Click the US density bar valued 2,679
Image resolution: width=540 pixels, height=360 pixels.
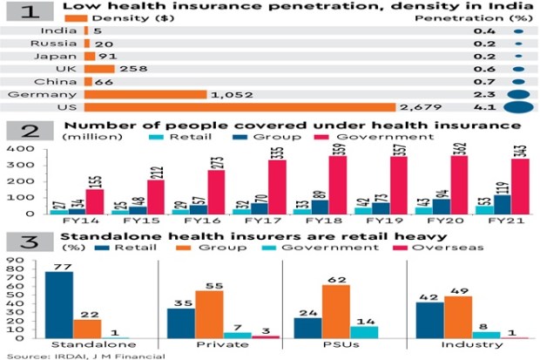click(240, 107)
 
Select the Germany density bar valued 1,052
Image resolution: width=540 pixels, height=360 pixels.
click(145, 94)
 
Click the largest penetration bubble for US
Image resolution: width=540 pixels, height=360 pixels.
click(519, 108)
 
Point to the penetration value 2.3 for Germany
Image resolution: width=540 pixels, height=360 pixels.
click(485, 94)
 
